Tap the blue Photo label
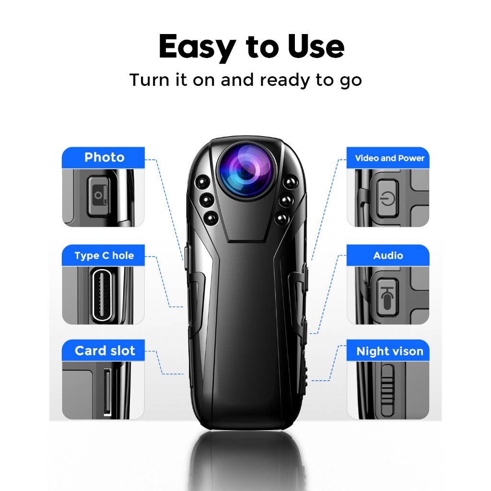(104, 157)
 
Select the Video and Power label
(388, 158)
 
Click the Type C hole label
(104, 255)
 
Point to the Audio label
(388, 255)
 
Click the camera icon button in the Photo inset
(98, 196)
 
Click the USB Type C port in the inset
(102, 295)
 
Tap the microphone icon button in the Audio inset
(387, 297)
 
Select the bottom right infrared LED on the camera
(281, 218)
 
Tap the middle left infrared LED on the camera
(207, 200)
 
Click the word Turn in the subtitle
(150, 80)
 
